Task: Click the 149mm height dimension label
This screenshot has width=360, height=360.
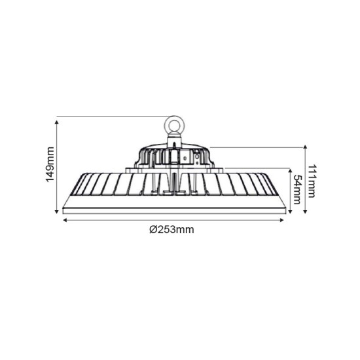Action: pos(50,164)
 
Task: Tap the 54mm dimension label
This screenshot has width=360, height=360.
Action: pos(298,190)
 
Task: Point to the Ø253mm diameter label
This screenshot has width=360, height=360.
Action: pos(171,230)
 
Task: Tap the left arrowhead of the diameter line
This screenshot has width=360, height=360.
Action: pos(64,220)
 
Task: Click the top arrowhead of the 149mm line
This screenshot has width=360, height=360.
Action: pos(57,119)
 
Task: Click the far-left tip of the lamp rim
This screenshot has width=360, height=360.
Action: pos(63,209)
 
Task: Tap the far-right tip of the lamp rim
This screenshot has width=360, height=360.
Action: pos(286,209)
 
